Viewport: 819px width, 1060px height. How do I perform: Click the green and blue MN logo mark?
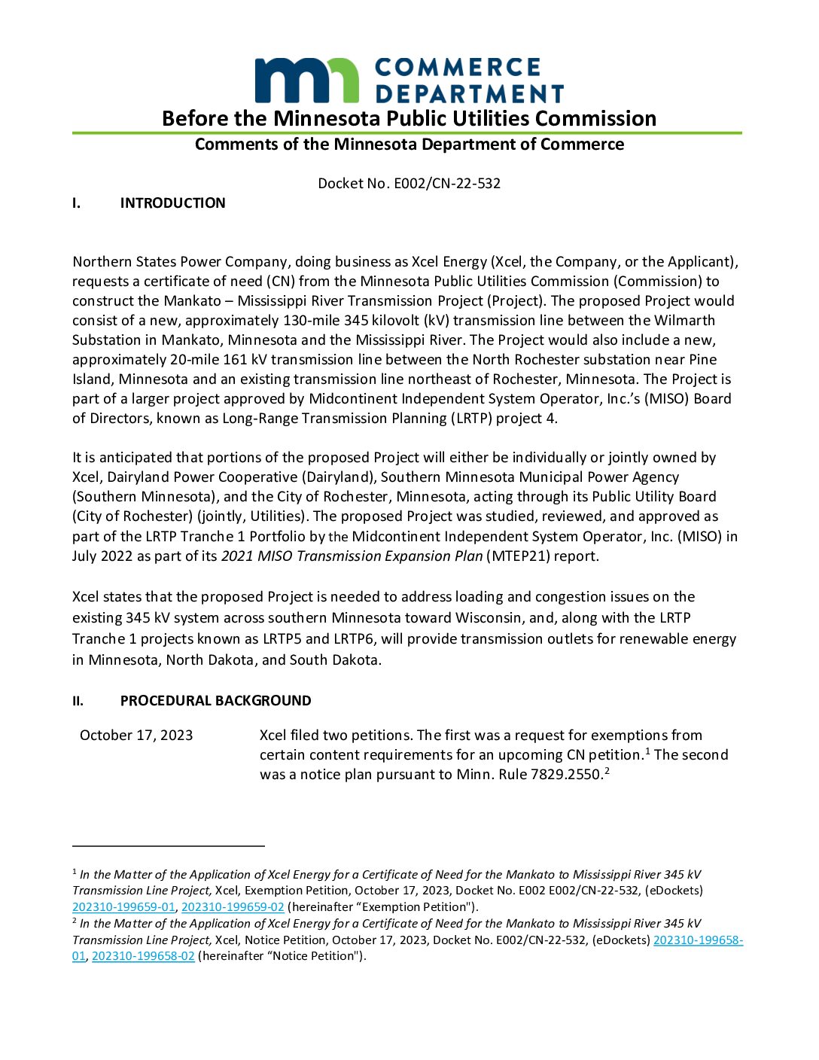[306, 80]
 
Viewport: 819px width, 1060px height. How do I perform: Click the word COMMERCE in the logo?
[458, 68]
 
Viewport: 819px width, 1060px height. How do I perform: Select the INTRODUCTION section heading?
[172, 203]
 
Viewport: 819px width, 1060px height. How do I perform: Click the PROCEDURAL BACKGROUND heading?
[215, 700]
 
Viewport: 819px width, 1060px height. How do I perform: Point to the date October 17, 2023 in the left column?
[136, 735]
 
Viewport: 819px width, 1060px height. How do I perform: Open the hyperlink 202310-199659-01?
[123, 906]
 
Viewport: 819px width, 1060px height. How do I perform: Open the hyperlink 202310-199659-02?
[233, 906]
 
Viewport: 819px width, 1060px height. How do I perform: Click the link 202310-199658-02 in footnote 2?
[143, 955]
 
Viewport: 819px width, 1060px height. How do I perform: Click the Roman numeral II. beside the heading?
[78, 701]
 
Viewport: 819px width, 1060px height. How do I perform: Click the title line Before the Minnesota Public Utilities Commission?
[409, 118]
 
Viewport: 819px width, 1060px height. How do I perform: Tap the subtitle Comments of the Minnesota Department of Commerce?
[409, 144]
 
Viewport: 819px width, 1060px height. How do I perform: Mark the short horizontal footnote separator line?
[169, 846]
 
